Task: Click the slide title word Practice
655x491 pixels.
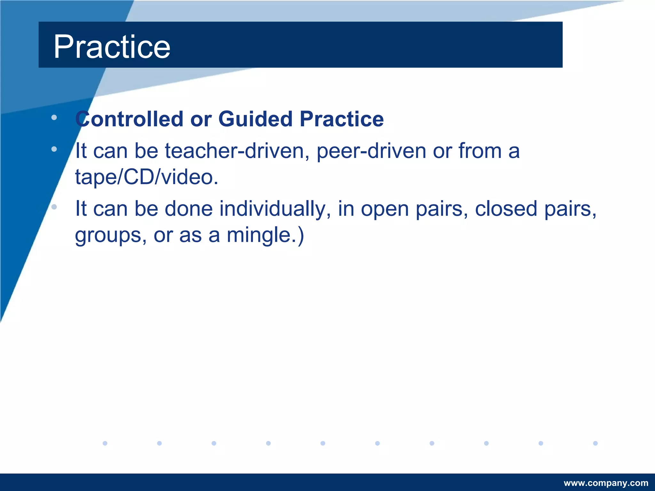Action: click(x=112, y=47)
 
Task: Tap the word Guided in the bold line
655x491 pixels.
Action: click(x=255, y=119)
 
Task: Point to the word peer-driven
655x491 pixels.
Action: click(x=371, y=151)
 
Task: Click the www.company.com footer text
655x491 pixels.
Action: click(x=606, y=483)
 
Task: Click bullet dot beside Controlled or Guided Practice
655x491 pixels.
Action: click(x=54, y=118)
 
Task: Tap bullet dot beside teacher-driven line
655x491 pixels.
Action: click(x=54, y=149)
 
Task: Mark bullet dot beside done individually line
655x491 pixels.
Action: click(x=54, y=207)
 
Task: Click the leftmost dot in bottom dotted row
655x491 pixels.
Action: click(x=105, y=443)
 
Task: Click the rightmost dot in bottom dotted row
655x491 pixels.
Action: click(x=595, y=443)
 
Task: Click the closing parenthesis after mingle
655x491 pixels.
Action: click(x=301, y=236)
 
